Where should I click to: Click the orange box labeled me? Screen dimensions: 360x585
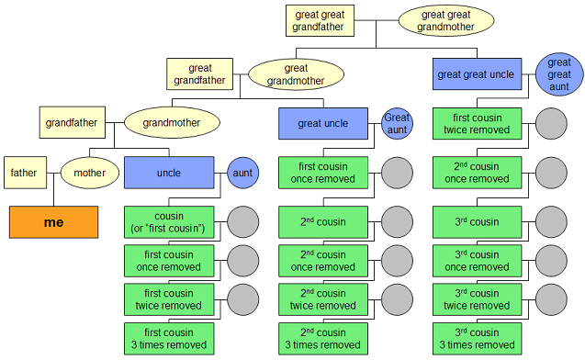point(53,222)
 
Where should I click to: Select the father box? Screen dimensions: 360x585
point(24,172)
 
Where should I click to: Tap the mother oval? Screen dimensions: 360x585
point(90,172)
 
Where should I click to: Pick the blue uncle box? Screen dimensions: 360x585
point(169,172)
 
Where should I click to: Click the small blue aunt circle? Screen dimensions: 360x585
point(243,172)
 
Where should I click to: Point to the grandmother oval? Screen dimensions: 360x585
point(171,120)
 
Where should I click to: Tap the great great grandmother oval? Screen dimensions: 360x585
point(445,20)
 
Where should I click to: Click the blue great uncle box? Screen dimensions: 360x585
point(323,124)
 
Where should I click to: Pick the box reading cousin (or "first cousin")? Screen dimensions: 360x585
point(169,222)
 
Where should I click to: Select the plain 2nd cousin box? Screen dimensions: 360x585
point(323,222)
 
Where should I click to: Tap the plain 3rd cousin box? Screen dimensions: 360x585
point(477,222)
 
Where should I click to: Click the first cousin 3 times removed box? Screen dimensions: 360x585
point(169,338)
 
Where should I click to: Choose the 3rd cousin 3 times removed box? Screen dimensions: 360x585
point(477,338)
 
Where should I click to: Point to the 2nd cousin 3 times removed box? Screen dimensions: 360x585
point(323,338)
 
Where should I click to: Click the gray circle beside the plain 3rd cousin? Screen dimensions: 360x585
point(551,222)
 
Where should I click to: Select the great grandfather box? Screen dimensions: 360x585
point(200,74)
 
